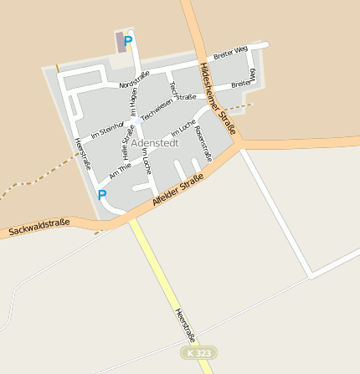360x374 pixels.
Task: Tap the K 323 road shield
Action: (198, 353)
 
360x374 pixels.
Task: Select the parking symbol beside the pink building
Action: (128, 40)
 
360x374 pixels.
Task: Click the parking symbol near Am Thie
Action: (102, 195)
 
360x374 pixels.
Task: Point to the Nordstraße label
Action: (134, 80)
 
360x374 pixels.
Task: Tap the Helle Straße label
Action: (128, 142)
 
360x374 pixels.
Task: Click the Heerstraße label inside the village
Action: (82, 153)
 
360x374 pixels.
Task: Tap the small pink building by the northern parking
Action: (121, 43)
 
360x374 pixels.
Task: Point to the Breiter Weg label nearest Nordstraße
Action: (230, 55)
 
